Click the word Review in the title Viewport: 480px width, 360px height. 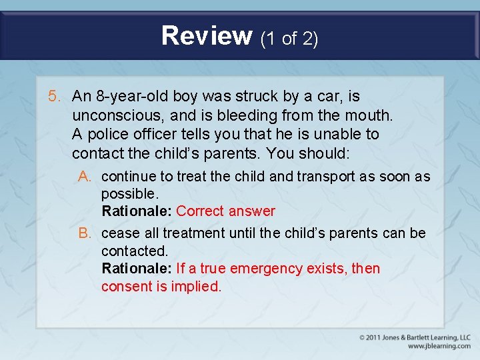coord(207,35)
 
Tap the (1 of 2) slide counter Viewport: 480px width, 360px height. coord(289,39)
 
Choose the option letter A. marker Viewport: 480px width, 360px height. coord(85,177)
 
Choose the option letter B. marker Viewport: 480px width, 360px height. coord(85,233)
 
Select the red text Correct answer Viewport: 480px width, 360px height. coord(225,211)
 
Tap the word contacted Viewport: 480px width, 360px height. coord(133,251)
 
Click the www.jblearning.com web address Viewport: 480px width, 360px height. coord(439,346)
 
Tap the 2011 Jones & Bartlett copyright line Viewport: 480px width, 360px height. coord(415,337)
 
